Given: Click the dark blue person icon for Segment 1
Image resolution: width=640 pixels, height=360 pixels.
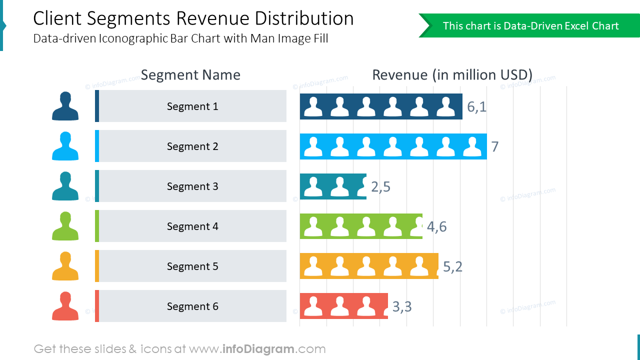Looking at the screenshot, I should coord(65,106).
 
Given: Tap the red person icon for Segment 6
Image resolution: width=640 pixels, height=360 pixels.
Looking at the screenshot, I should coord(65,306).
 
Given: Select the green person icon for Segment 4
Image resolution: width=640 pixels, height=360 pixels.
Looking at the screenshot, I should coord(65,226).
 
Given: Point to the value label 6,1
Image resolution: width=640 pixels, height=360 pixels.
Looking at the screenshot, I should coord(476,106).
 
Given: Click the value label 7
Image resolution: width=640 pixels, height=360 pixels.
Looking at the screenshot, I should coord(494,146).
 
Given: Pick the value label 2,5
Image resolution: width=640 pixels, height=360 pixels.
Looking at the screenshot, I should coord(380,186).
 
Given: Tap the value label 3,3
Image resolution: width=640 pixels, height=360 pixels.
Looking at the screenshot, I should coord(402,306).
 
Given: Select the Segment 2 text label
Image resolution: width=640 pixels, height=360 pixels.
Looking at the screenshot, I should coord(192,146).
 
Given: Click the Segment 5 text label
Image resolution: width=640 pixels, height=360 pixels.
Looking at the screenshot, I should coord(192,266).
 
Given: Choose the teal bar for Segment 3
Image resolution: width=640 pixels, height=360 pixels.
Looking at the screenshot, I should coord(333,186).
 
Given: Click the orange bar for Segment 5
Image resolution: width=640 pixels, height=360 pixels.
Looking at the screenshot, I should coord(369,266).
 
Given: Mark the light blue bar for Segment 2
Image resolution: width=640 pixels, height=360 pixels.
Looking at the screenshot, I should coord(393,146).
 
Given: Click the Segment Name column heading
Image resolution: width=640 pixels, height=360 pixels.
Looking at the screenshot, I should coord(190,75).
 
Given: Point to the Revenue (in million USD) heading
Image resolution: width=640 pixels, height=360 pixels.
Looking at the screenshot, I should coord(452,75).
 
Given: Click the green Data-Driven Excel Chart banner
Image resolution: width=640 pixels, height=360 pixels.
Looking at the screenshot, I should coord(530,26).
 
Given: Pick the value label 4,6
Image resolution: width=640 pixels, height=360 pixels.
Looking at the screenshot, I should coord(436,226).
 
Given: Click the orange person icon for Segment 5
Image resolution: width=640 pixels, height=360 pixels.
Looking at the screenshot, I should coord(65,266).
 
